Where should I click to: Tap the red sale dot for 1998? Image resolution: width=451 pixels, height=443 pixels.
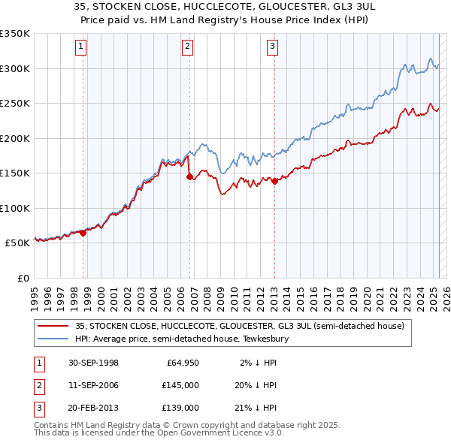tap(83, 233)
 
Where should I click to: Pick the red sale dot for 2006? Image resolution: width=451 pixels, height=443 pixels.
tap(189, 177)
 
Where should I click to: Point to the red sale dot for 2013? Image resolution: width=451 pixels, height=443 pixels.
tap(275, 181)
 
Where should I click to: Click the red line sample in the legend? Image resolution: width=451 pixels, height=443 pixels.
tap(53, 327)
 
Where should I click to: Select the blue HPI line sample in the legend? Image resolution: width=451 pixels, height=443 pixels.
tap(53, 339)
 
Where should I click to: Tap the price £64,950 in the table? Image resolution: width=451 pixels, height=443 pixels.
tap(180, 363)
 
